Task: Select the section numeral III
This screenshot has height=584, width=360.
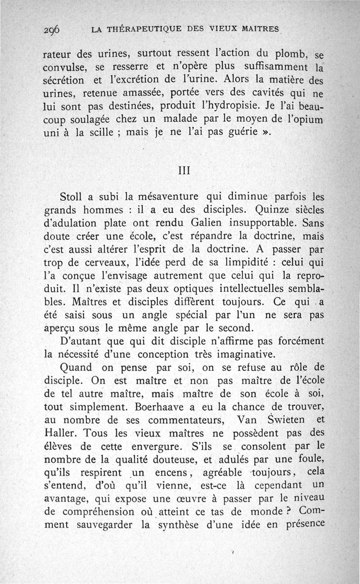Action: tap(184, 171)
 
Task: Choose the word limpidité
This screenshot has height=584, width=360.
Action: tap(244, 262)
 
